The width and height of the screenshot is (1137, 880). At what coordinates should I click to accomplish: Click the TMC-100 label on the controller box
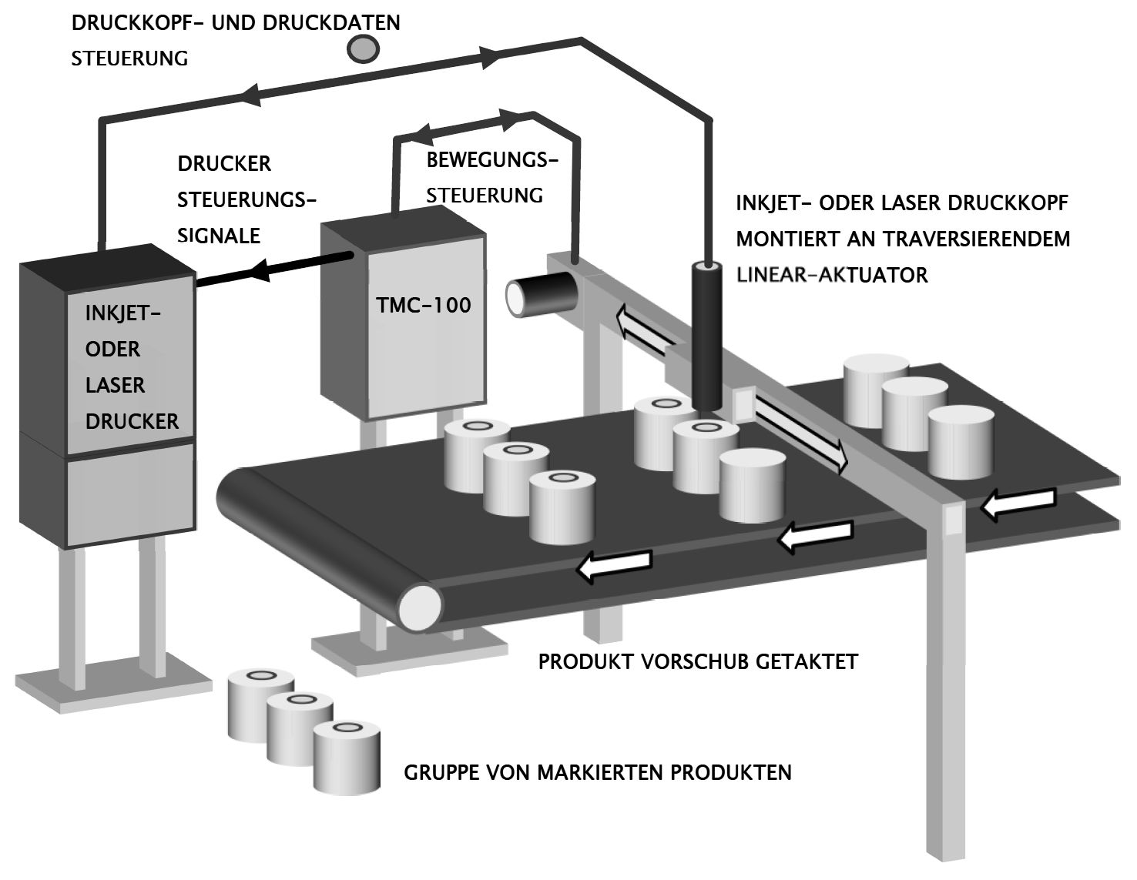click(423, 305)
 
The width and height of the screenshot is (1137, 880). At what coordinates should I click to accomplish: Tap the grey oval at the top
click(362, 49)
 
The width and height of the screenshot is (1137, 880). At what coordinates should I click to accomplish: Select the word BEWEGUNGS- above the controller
click(491, 160)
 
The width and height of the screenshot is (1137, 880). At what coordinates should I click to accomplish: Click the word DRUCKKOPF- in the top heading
click(139, 22)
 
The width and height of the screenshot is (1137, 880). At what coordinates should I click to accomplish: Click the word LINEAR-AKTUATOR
click(832, 274)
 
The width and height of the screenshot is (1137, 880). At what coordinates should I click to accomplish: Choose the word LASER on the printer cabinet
click(115, 385)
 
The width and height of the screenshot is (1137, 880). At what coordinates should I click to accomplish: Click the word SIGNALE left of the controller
click(219, 236)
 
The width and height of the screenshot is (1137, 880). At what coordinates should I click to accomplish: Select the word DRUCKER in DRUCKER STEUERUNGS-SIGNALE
click(224, 164)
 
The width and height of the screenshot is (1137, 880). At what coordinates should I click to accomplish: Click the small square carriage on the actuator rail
click(743, 403)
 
